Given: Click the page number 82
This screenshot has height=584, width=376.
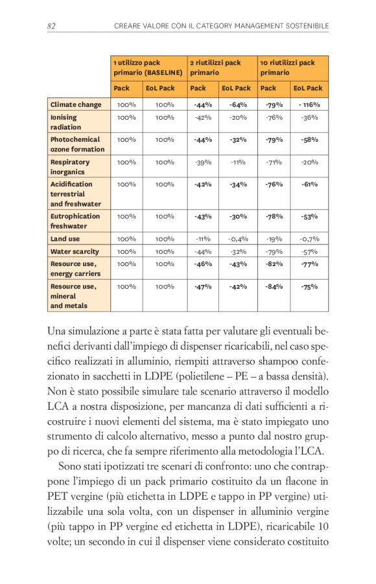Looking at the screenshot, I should point(52,26).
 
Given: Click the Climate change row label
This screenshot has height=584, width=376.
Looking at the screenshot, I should point(76,104).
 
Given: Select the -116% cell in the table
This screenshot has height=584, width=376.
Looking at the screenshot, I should point(309,104).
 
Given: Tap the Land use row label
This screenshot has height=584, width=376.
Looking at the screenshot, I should point(65,239).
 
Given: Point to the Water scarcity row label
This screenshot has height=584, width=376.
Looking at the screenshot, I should point(75,251).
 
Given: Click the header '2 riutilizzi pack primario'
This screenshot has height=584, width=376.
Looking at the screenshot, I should point(215,67).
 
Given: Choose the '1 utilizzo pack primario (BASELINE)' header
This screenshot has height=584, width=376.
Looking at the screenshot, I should point(147,67).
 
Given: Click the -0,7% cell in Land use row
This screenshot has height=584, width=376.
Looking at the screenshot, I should point(309,239).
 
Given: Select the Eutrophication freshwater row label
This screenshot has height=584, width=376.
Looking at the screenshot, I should point(75,221).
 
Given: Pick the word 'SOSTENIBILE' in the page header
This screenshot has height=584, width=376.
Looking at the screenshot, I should point(304,26).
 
